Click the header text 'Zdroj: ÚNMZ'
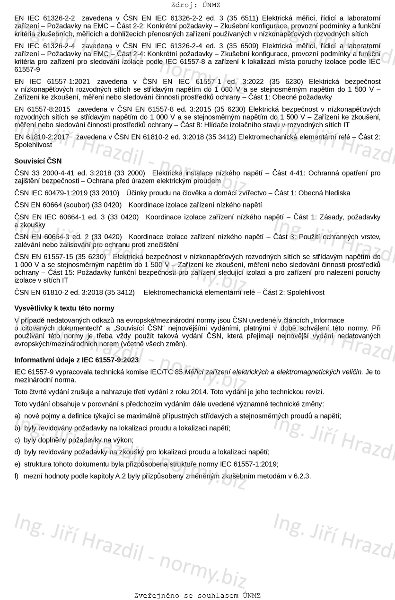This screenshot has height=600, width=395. tap(197, 5)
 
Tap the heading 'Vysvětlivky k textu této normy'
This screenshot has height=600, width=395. tap(64, 308)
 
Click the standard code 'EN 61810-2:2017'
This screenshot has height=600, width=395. tap(42, 137)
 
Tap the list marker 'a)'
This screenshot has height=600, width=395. tap(18, 416)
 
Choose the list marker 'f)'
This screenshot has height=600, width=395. tap(17, 476)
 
